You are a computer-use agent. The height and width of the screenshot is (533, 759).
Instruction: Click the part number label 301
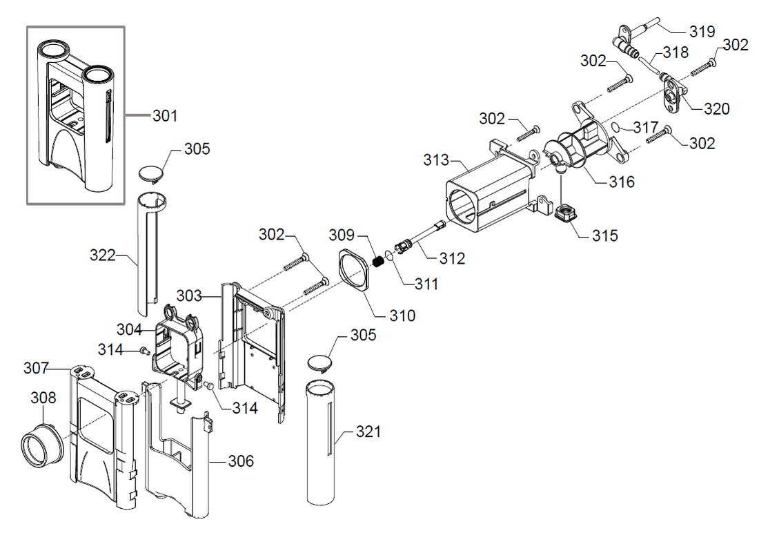[x=165, y=116]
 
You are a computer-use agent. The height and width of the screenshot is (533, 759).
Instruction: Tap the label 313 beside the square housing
[x=436, y=161]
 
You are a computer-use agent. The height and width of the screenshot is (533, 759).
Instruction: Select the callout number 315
[x=604, y=235]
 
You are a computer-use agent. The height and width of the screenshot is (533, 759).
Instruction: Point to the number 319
[x=702, y=31]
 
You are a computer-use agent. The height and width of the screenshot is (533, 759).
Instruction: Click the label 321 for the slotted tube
[x=369, y=432]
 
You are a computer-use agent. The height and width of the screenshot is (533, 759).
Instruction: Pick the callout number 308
[x=43, y=398]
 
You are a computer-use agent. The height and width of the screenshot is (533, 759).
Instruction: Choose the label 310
[x=402, y=316]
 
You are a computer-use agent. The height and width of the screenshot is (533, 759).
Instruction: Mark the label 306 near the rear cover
[x=241, y=461]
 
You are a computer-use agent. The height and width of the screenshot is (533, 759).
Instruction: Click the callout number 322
[x=103, y=255]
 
